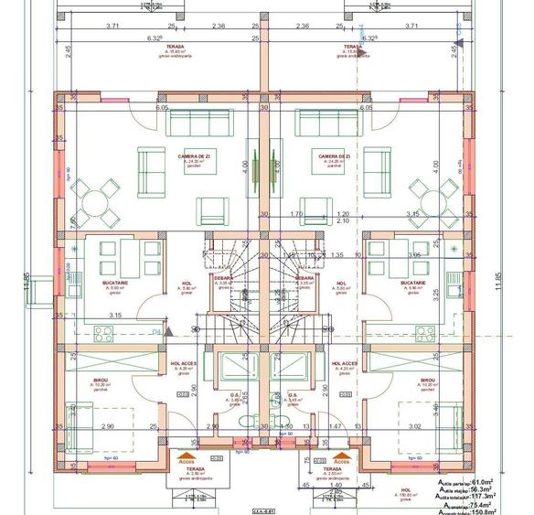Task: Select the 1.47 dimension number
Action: tap(336, 426)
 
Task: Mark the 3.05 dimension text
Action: tap(413, 256)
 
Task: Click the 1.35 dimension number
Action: tap(337, 255)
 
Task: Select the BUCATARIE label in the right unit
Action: tap(414, 284)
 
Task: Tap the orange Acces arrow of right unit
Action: tap(343, 452)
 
